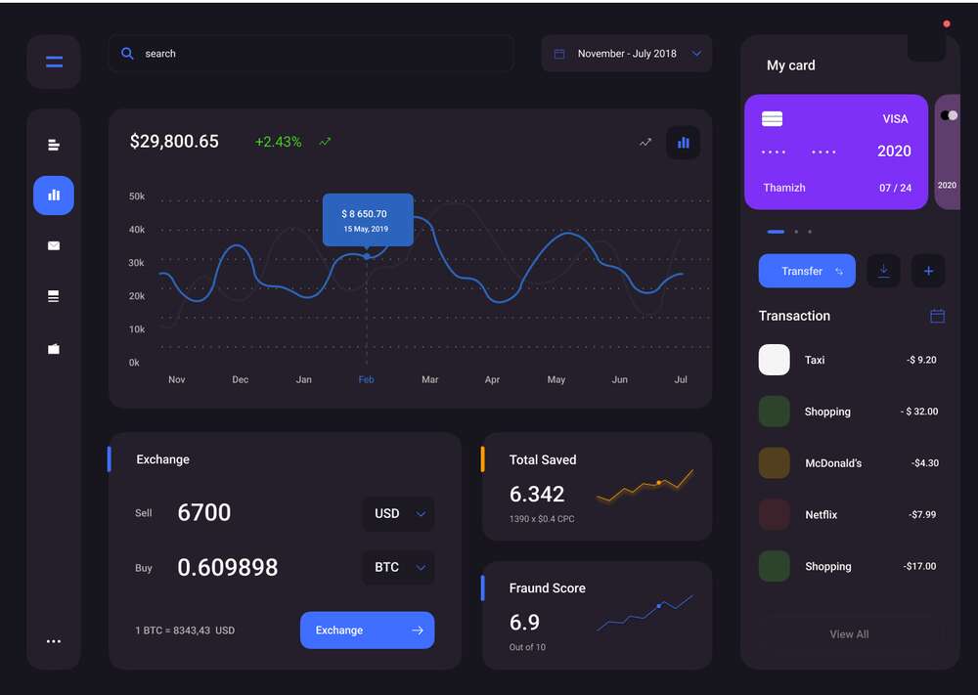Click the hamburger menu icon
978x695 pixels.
click(x=54, y=62)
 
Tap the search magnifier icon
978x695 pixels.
click(x=127, y=54)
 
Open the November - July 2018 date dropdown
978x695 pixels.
click(x=626, y=54)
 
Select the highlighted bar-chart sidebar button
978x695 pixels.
click(x=54, y=195)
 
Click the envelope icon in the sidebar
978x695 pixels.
click(x=54, y=245)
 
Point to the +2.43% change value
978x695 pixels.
click(x=278, y=142)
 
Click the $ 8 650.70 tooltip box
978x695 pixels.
click(x=368, y=219)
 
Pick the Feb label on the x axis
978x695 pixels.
click(x=366, y=379)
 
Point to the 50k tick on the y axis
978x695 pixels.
click(x=137, y=196)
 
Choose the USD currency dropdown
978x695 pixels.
click(x=399, y=513)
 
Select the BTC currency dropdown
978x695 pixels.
click(x=399, y=567)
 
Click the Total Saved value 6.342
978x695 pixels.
click(x=537, y=495)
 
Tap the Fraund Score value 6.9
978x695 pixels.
click(x=524, y=622)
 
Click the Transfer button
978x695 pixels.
click(x=807, y=271)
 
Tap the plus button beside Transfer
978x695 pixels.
click(x=928, y=271)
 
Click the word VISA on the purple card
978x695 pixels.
click(x=895, y=119)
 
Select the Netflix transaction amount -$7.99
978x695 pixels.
click(x=922, y=515)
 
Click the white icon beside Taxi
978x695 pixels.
click(x=774, y=360)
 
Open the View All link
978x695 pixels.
click(x=849, y=634)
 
